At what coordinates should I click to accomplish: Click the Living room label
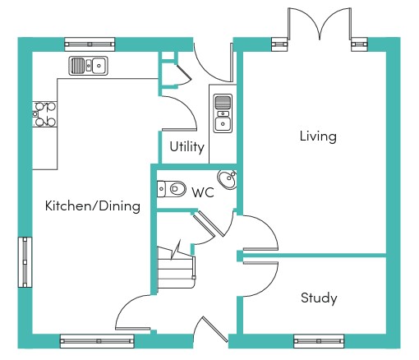tap(318, 136)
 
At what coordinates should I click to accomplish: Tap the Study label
tap(319, 298)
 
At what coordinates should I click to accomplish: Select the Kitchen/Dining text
tap(93, 205)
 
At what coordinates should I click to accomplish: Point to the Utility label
tap(187, 146)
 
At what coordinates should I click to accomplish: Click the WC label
tap(203, 192)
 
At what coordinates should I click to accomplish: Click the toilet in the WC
tap(172, 189)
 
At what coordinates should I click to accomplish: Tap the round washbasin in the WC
tap(227, 179)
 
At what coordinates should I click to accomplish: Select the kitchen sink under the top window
tap(88, 66)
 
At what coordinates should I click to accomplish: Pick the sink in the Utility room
tap(223, 113)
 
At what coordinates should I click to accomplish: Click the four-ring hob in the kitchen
tap(45, 114)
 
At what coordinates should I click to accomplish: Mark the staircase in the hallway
tap(176, 267)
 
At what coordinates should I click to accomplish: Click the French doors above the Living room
tap(320, 24)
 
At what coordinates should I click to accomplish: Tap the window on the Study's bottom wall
tap(319, 341)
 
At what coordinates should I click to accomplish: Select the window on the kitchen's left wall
tap(25, 262)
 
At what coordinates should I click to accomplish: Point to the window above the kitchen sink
tap(90, 44)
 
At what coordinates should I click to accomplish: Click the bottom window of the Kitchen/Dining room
tap(97, 341)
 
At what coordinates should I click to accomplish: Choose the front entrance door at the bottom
tap(211, 329)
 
